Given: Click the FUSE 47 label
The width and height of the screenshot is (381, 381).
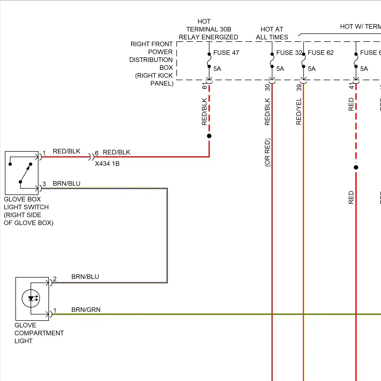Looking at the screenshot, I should click(x=226, y=53).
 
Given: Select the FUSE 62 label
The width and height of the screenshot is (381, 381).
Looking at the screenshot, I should click(x=321, y=53).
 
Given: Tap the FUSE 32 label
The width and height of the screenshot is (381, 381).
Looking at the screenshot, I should click(x=289, y=53).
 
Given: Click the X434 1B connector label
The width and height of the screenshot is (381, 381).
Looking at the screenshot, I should click(x=107, y=164).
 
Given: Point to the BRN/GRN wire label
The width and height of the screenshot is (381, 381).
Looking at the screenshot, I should click(x=86, y=310).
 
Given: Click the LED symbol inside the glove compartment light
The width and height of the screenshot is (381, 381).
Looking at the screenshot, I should click(x=31, y=298).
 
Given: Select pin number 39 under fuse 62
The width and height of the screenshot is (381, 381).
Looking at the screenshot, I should click(x=299, y=88).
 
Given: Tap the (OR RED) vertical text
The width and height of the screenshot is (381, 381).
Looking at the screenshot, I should click(x=267, y=152).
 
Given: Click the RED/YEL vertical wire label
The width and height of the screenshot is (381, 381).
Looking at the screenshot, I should click(x=299, y=111).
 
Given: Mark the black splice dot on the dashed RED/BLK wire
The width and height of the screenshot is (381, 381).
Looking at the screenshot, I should click(x=209, y=136).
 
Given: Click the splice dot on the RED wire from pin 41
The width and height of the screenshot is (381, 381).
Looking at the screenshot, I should click(x=356, y=167).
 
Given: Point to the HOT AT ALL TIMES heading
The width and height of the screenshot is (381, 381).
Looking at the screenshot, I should click(x=272, y=33).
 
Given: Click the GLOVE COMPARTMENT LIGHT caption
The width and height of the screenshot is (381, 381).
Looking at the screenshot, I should click(x=39, y=333).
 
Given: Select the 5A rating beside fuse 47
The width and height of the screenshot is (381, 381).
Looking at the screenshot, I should click(x=217, y=69).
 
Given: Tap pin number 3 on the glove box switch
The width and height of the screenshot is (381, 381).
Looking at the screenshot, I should click(x=44, y=184).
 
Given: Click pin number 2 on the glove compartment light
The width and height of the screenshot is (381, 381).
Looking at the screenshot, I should click(x=55, y=279).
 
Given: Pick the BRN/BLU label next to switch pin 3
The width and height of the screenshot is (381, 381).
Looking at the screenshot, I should click(x=67, y=183).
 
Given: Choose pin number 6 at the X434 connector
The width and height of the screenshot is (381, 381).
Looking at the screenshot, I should click(x=97, y=153).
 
